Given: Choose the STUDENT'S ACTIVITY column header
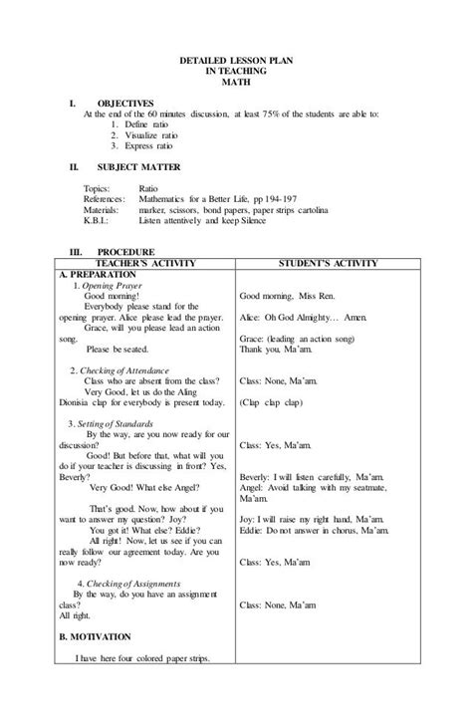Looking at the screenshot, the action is (329, 263).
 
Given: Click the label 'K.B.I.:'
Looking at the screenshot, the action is (98, 221).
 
